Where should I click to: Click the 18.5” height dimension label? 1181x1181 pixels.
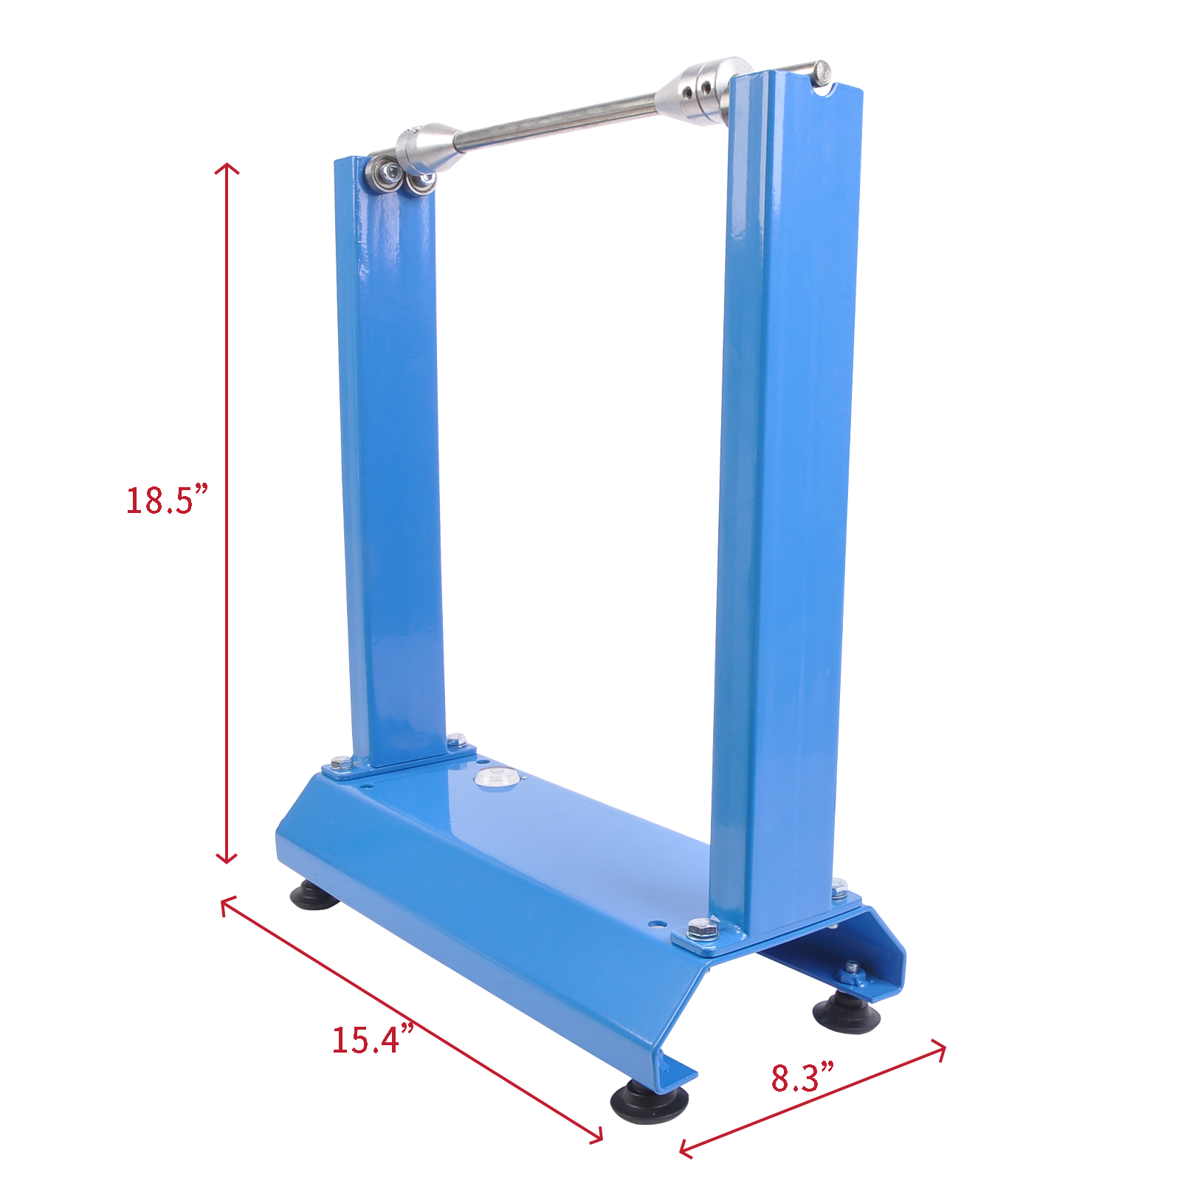click(x=167, y=500)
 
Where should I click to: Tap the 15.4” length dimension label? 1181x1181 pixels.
click(x=371, y=1039)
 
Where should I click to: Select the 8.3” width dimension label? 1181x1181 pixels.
click(x=802, y=1078)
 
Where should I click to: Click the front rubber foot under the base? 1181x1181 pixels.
click(x=649, y=1102)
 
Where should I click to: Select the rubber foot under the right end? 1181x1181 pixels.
click(x=847, y=1012)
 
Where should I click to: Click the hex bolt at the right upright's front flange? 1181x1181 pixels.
click(x=702, y=928)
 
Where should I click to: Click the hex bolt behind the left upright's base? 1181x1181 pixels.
click(x=457, y=740)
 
